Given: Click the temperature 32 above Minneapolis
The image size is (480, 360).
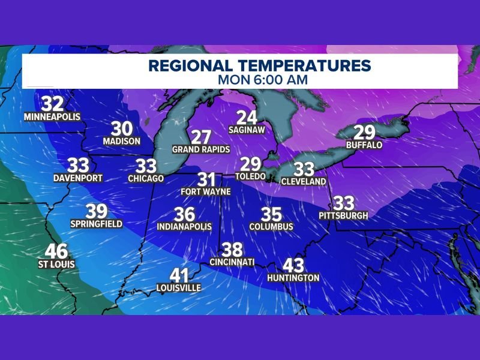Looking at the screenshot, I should coord(53,103).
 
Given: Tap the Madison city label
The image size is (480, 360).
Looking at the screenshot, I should coord(122,141).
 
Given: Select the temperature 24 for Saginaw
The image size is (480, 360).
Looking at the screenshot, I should coord(247,118).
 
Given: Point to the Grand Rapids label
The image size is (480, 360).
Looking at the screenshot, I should coord(201,148).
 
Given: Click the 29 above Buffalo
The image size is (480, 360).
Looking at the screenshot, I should coord(364,133).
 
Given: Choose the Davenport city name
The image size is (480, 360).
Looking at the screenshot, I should coord(78,178).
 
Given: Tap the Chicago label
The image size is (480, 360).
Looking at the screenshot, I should coord(146,178).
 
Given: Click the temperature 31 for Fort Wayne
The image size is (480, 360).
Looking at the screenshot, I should coord(206,179).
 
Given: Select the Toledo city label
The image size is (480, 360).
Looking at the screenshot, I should coord(250,177).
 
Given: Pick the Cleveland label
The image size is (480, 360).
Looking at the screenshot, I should coord(304,181).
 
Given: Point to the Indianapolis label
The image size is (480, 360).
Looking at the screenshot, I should coord(185,227).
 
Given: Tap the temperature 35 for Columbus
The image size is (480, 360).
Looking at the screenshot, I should coord(272,214).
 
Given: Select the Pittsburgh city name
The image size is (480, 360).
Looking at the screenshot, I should coord(343,216).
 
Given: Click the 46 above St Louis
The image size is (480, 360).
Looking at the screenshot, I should coord(56,251).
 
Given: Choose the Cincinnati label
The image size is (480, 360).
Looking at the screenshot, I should coord(232,262).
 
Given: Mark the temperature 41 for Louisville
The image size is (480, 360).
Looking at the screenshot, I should coord(179,275).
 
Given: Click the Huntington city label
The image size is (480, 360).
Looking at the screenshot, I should coord(293,278).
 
